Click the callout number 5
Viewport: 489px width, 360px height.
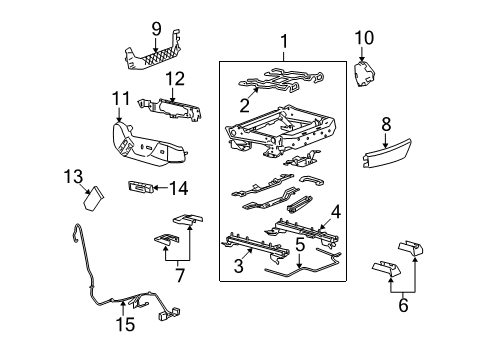(x=299, y=243)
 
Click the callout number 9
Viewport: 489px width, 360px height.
(x=155, y=28)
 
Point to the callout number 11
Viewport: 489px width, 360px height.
(x=120, y=97)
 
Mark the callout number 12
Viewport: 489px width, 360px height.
(x=174, y=78)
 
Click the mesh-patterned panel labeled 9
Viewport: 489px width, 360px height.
(x=158, y=58)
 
